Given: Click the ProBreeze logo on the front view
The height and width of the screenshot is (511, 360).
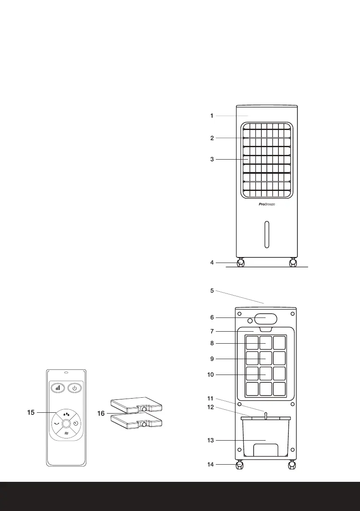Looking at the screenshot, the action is [x=266, y=204].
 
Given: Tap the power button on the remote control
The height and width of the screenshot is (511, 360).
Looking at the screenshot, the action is [x=74, y=388].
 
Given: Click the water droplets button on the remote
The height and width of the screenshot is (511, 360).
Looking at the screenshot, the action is [x=66, y=414].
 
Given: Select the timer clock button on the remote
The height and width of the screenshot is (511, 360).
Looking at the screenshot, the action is [x=76, y=423].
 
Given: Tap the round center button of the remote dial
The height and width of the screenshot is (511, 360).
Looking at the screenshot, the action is [x=66, y=423].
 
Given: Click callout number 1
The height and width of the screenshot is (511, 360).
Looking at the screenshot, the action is [x=212, y=116].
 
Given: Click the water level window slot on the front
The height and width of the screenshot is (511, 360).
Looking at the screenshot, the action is [x=266, y=235].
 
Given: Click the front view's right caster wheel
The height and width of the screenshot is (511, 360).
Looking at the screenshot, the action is [x=293, y=263].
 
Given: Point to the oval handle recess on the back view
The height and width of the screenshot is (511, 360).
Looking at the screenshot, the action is [x=266, y=319].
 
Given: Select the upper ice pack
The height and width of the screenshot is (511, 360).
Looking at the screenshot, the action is [x=136, y=404].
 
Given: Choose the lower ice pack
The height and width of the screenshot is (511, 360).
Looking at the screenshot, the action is [x=136, y=421].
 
